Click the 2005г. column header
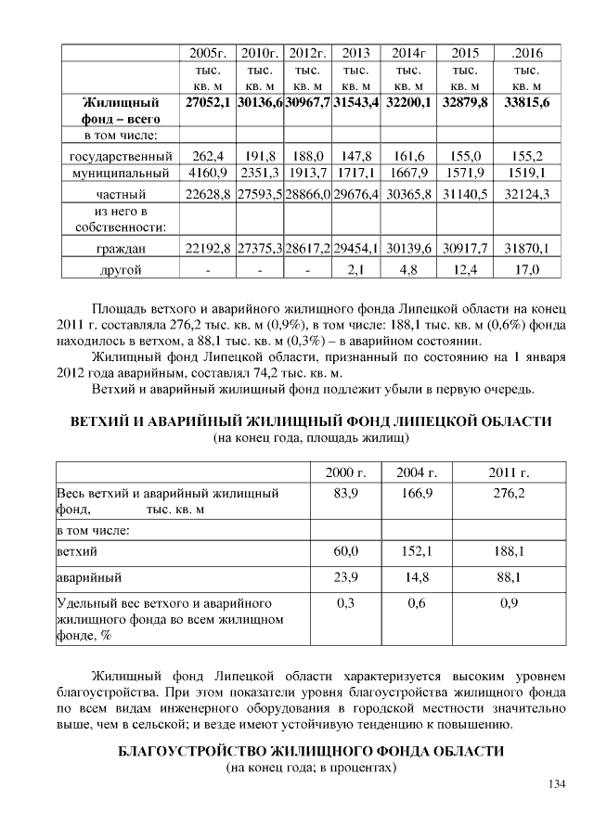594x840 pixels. pos(208,53)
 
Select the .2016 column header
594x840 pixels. pos(527,53)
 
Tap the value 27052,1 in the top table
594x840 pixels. pos(208,102)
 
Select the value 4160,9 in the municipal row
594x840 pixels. pos(208,173)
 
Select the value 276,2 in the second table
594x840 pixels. pos(508,493)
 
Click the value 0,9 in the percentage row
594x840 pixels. pos(508,603)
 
